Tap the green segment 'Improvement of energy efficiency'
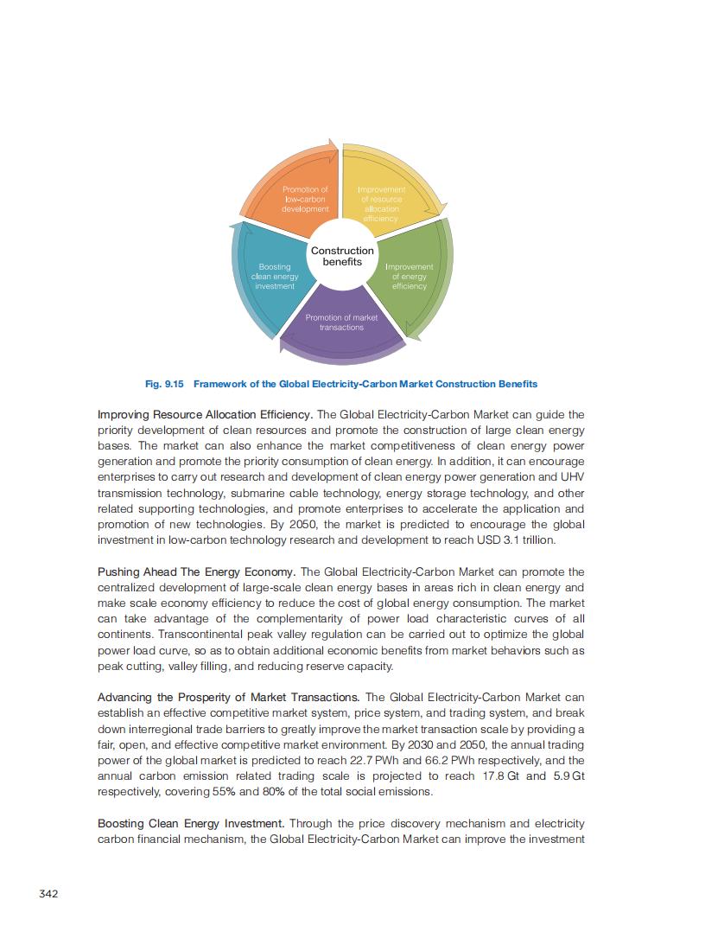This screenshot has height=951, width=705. point(409,277)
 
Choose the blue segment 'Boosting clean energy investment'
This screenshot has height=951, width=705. point(275,277)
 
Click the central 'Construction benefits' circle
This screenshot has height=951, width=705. point(342,256)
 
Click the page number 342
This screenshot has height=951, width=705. point(49,894)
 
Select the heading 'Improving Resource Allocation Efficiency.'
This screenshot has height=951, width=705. point(206,415)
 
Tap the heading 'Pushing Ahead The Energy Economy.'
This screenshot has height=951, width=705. point(196,572)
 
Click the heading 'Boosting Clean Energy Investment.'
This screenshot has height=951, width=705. point(192,823)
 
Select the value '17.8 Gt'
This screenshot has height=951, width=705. point(502,776)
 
